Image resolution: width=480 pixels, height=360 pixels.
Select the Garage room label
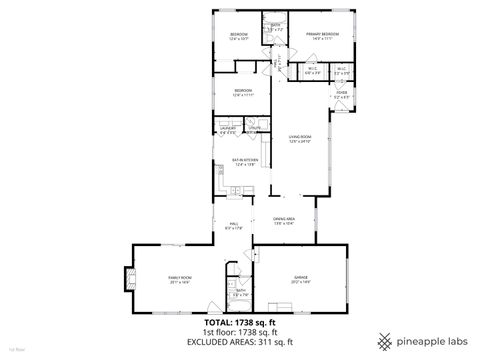(x=300, y=280)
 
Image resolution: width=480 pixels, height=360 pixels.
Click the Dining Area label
(x=284, y=220)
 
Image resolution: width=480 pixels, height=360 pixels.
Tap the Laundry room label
(x=228, y=129)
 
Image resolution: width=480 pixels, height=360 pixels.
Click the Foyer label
(x=342, y=93)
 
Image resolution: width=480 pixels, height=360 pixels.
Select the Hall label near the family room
(x=233, y=225)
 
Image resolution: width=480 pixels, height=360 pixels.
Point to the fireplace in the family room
(x=126, y=280)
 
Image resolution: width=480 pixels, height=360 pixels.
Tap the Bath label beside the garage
(x=241, y=292)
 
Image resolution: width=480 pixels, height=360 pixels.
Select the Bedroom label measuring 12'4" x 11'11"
(x=242, y=92)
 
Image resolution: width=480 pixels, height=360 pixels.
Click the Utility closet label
(x=255, y=129)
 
